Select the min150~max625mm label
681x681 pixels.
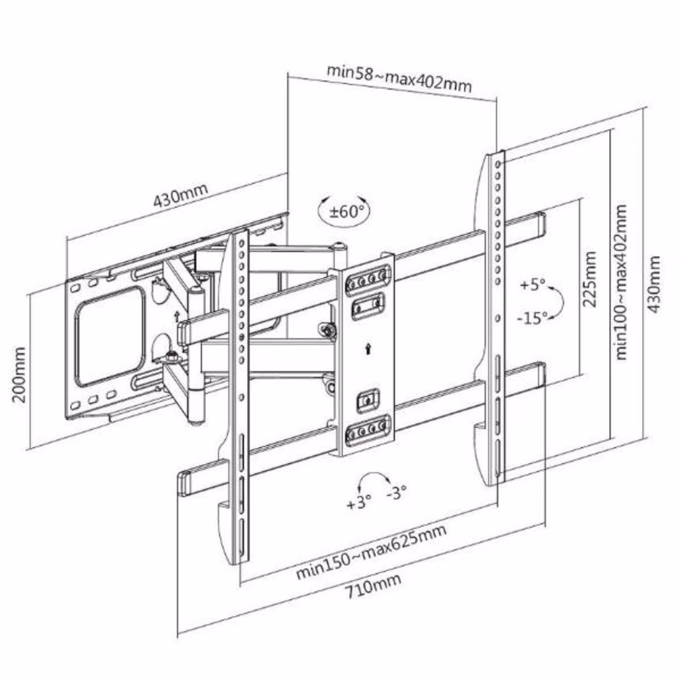[x=370, y=551]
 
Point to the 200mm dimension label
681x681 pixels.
[x=19, y=374]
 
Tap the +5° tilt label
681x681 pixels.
[x=533, y=285]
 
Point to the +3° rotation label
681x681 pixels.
[x=358, y=502]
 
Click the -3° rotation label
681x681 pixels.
[x=396, y=493]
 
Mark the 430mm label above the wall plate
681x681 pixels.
[x=180, y=194]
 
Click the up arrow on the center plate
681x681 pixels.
[x=368, y=348]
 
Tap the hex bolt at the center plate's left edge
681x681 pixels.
[x=326, y=330]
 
